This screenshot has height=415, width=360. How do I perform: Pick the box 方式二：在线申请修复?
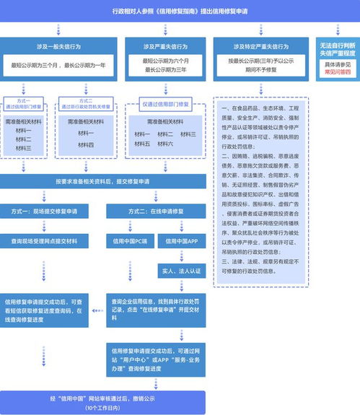(x=156, y=212)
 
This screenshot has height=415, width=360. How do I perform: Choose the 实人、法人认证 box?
(x=181, y=271)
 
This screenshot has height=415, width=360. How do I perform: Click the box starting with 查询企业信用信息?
(x=155, y=304)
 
